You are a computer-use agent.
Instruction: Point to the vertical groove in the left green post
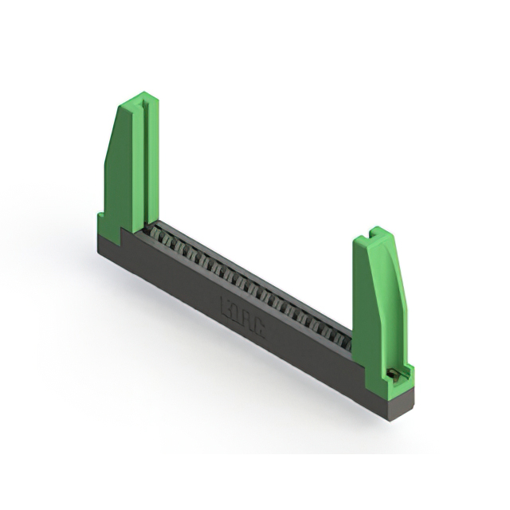[x=144, y=159]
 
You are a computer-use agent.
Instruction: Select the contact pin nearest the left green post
[x=157, y=234]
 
